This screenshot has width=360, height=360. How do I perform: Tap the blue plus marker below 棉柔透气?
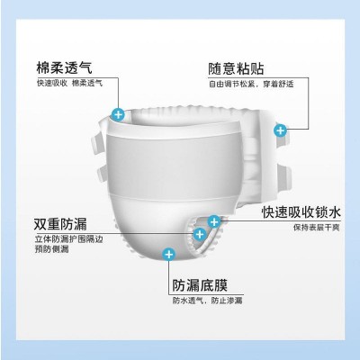(117, 114)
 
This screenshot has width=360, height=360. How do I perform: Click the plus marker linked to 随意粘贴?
(279, 131)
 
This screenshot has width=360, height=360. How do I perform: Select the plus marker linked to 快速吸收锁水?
(214, 220)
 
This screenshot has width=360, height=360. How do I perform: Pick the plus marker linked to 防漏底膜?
(166, 255)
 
